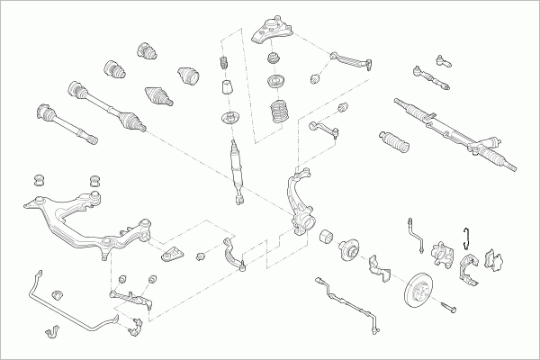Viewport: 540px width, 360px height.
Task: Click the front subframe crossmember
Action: click(x=76, y=220)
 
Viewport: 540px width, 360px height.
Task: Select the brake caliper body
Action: click(x=444, y=255)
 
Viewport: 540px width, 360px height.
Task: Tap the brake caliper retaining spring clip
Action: click(x=465, y=237)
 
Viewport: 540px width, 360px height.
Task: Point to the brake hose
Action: click(x=416, y=231)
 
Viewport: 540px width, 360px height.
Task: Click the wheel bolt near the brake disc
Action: click(x=448, y=309)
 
